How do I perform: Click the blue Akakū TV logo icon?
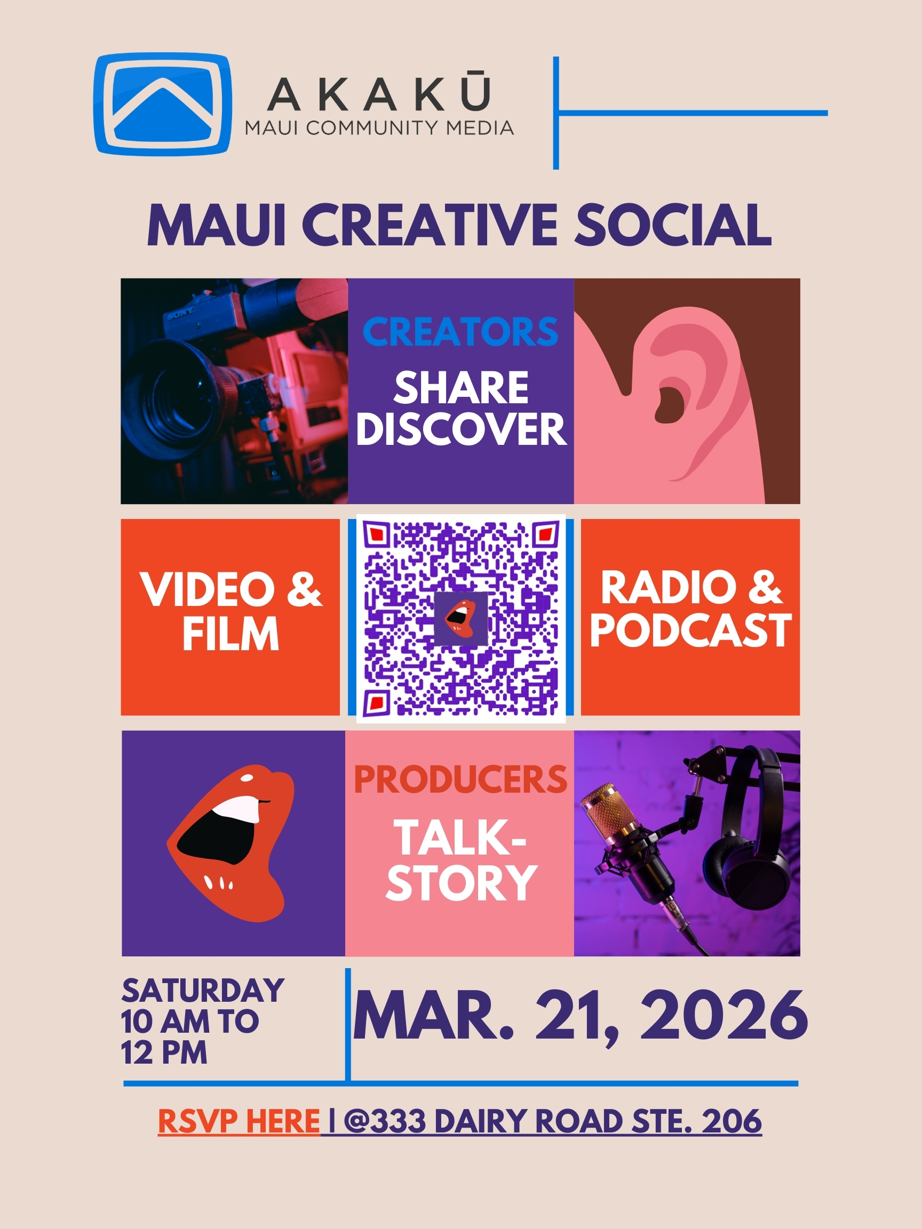[x=162, y=104]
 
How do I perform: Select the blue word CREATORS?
[x=460, y=332]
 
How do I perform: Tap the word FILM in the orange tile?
[x=230, y=634]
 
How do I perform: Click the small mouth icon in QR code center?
[x=460, y=618]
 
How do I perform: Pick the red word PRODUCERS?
[x=460, y=779]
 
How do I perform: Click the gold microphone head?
[x=610, y=812]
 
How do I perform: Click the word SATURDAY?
[x=203, y=991]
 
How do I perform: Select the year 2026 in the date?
[x=724, y=1016]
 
